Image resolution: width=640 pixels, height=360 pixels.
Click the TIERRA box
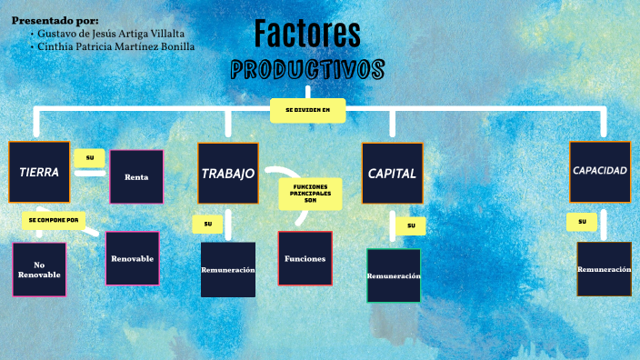(x=39, y=172)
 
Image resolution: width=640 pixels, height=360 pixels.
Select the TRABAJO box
(x=228, y=173)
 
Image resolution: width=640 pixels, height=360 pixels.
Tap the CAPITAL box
(x=392, y=173)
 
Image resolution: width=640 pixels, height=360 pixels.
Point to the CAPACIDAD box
(x=600, y=171)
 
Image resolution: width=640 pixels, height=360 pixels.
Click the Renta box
(x=136, y=176)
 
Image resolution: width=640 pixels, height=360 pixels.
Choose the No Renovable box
(x=39, y=269)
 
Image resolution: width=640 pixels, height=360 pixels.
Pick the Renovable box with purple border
(x=133, y=258)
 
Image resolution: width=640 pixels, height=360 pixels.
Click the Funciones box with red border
(x=305, y=258)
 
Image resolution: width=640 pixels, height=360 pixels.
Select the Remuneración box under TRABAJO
(x=228, y=270)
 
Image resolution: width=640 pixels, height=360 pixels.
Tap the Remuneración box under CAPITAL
(x=394, y=275)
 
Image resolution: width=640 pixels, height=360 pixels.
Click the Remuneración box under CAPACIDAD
(x=604, y=269)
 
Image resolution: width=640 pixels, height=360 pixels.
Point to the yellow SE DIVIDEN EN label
(x=307, y=110)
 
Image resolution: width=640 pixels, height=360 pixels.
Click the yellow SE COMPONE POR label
(x=54, y=220)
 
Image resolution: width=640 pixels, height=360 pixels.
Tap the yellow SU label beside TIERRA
(x=89, y=158)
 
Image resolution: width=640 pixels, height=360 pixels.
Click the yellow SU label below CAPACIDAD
(x=582, y=222)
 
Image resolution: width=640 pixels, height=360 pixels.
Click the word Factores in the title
(x=307, y=34)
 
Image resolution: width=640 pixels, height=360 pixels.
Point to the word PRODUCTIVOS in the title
(x=307, y=70)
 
